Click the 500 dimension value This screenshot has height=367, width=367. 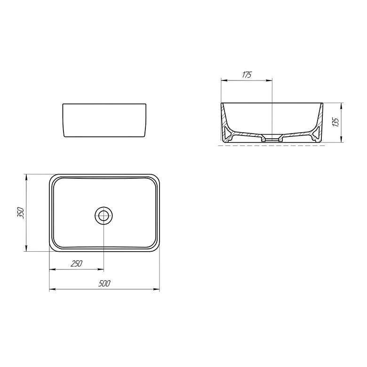(x=104, y=283)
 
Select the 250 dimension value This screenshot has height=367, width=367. (x=77, y=263)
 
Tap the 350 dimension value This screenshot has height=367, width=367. (x=21, y=213)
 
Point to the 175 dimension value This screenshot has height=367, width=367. (x=247, y=75)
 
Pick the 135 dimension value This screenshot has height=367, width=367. (x=335, y=122)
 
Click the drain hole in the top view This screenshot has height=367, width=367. (x=104, y=215)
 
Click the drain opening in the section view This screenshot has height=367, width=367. (x=272, y=140)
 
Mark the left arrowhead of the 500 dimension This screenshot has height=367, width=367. (x=52, y=289)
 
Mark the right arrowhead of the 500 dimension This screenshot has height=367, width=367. (x=157, y=289)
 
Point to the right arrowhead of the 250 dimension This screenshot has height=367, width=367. (x=101, y=270)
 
